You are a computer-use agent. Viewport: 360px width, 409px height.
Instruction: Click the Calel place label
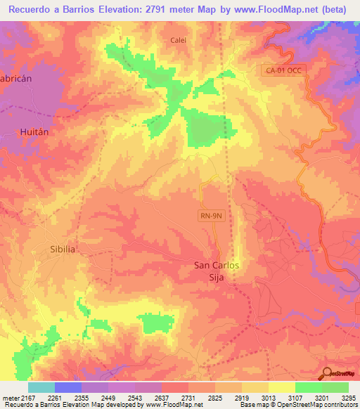179,40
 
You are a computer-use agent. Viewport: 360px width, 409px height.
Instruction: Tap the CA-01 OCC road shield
283,70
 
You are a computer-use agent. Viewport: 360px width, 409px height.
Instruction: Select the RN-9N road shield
210,216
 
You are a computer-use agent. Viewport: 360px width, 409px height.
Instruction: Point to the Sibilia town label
63,249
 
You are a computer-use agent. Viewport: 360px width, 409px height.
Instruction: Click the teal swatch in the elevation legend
41,387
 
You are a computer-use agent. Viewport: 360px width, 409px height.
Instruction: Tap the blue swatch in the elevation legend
68,387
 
